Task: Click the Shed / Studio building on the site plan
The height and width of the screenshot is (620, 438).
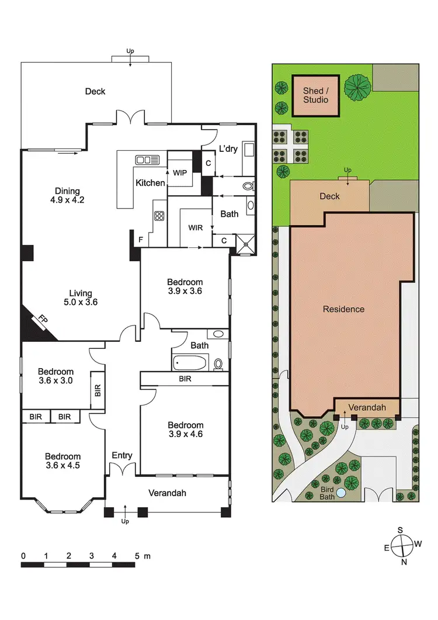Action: tap(315, 95)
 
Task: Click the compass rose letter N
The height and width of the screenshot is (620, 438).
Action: tap(404, 562)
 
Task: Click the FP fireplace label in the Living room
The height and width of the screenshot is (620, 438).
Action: tap(43, 321)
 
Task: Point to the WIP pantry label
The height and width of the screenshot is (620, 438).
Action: tap(179, 172)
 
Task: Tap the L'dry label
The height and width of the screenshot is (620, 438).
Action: tap(228, 149)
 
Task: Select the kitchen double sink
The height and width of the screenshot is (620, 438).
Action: tap(147, 160)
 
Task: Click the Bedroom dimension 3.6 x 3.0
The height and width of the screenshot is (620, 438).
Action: tap(55, 382)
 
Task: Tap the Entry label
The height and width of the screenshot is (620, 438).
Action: tap(122, 455)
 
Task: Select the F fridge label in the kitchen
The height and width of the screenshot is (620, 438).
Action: tap(141, 239)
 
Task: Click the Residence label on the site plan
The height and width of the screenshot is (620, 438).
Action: tap(343, 309)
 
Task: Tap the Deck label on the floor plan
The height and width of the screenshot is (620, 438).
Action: tap(95, 91)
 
